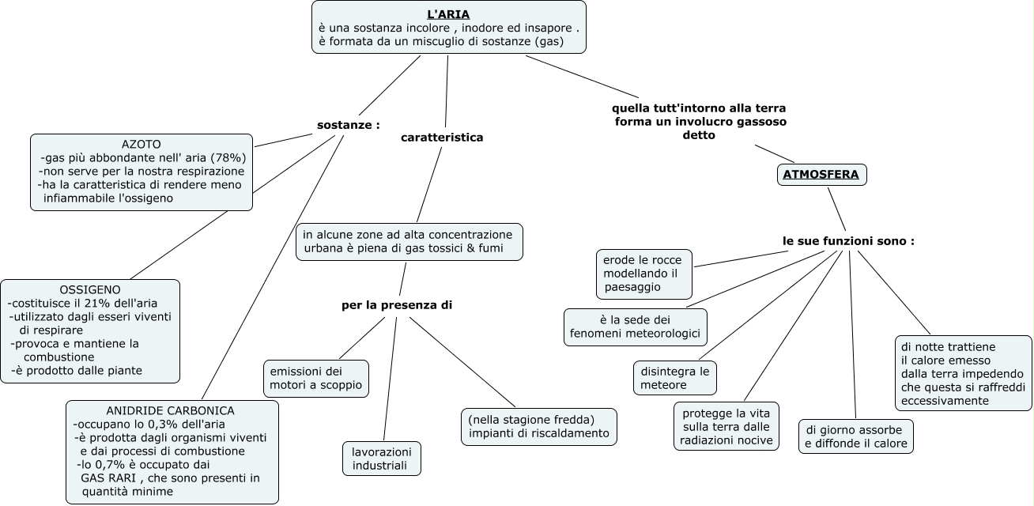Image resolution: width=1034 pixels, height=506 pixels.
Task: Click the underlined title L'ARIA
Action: click(448, 14)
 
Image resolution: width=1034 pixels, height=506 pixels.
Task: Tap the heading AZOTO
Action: click(142, 145)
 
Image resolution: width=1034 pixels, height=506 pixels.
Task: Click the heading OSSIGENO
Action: click(90, 289)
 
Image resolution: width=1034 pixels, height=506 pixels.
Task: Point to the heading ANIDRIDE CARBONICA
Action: click(170, 410)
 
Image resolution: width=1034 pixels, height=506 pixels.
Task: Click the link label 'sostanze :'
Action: click(349, 125)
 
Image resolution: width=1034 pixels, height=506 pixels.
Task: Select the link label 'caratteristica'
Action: click(442, 138)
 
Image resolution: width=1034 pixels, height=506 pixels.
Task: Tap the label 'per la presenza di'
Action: click(397, 304)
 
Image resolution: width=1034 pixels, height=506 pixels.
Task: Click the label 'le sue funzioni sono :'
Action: click(848, 240)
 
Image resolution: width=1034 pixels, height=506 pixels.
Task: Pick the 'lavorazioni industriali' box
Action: click(381, 459)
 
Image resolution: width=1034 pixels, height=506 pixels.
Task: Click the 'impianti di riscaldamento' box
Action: click(538, 426)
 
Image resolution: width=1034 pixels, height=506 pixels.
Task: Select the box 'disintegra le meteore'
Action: click(674, 378)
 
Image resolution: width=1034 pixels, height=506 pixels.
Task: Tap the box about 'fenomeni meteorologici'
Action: click(636, 327)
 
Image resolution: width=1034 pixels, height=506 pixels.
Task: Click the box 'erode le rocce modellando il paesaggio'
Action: click(644, 274)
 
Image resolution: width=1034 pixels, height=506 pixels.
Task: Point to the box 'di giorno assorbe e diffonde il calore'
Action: click(855, 436)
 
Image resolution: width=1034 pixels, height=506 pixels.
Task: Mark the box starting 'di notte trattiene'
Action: click(963, 373)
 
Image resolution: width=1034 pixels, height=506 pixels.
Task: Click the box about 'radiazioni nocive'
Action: click(726, 427)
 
